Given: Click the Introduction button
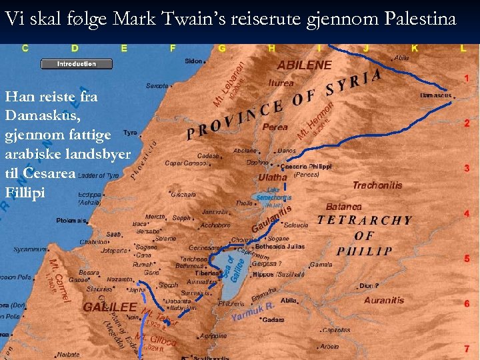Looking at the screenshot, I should [76, 64].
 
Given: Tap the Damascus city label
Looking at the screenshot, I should [435, 96].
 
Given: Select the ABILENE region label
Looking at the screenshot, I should [304, 65].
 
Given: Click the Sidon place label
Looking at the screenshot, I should [193, 61].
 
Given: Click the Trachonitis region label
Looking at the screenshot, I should [377, 185].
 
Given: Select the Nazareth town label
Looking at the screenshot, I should [120, 280].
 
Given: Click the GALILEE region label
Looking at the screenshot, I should [110, 307].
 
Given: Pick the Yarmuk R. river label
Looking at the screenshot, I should [253, 311].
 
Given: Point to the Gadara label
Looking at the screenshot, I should [273, 320].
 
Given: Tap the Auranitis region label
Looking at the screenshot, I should [384, 301].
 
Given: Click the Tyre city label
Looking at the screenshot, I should [130, 133].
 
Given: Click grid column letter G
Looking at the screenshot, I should [222, 48].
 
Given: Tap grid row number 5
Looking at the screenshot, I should [467, 259].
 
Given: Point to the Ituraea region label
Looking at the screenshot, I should [281, 83].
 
